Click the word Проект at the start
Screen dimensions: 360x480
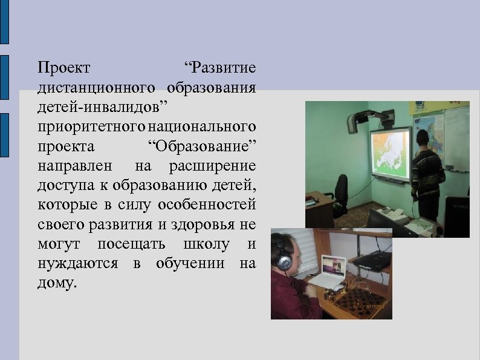[x=63, y=66]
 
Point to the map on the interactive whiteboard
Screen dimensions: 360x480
[x=390, y=154]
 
